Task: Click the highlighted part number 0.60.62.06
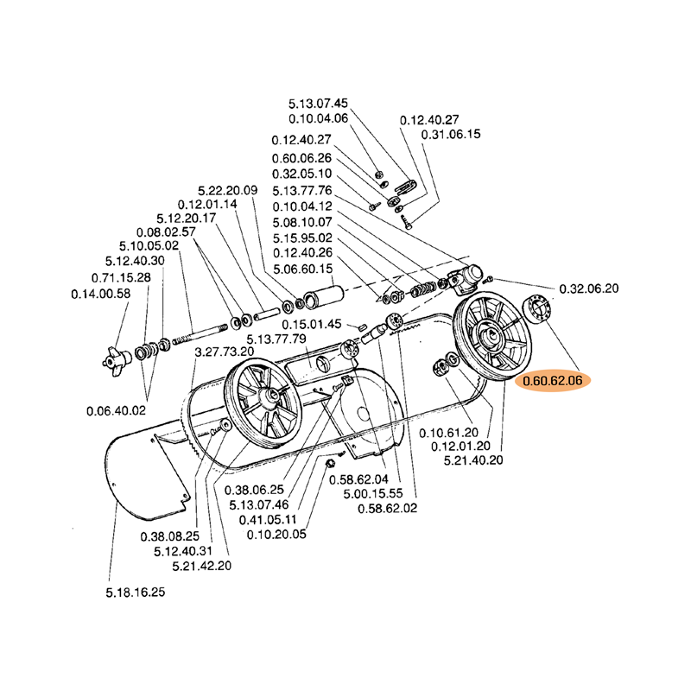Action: [551, 380]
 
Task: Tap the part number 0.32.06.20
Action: [590, 288]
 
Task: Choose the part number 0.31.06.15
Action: [450, 135]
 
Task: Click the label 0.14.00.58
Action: [100, 294]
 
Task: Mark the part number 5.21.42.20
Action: [201, 566]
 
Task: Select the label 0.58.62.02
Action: [387, 508]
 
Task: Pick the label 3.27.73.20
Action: [225, 352]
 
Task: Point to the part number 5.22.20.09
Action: [228, 190]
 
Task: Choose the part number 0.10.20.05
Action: [276, 534]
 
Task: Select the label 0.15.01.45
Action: [312, 324]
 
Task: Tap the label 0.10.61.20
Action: [448, 431]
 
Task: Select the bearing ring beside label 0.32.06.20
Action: [537, 308]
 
